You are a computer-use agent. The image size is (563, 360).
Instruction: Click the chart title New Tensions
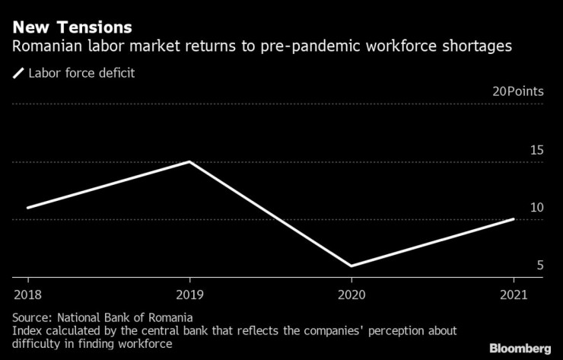click(x=72, y=27)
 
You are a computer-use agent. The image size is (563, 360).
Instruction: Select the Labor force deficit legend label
click(x=82, y=74)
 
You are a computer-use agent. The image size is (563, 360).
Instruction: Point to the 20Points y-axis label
click(x=518, y=91)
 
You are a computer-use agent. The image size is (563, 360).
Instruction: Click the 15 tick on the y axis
click(x=536, y=150)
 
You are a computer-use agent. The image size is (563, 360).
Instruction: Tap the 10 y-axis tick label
click(x=536, y=208)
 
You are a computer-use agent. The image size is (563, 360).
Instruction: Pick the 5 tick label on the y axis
click(x=540, y=266)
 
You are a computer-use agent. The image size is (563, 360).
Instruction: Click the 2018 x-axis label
click(x=27, y=294)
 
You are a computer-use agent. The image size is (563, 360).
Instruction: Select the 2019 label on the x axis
click(x=189, y=294)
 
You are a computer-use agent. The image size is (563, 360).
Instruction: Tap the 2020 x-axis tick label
click(x=351, y=294)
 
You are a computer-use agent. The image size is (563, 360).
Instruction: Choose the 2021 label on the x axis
click(x=513, y=294)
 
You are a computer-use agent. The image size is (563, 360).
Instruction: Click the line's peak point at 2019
click(x=189, y=161)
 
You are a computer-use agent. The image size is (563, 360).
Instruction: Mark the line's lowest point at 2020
click(x=351, y=266)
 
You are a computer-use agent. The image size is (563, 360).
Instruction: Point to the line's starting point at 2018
click(x=27, y=207)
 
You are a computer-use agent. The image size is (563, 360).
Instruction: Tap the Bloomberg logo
click(x=520, y=348)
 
